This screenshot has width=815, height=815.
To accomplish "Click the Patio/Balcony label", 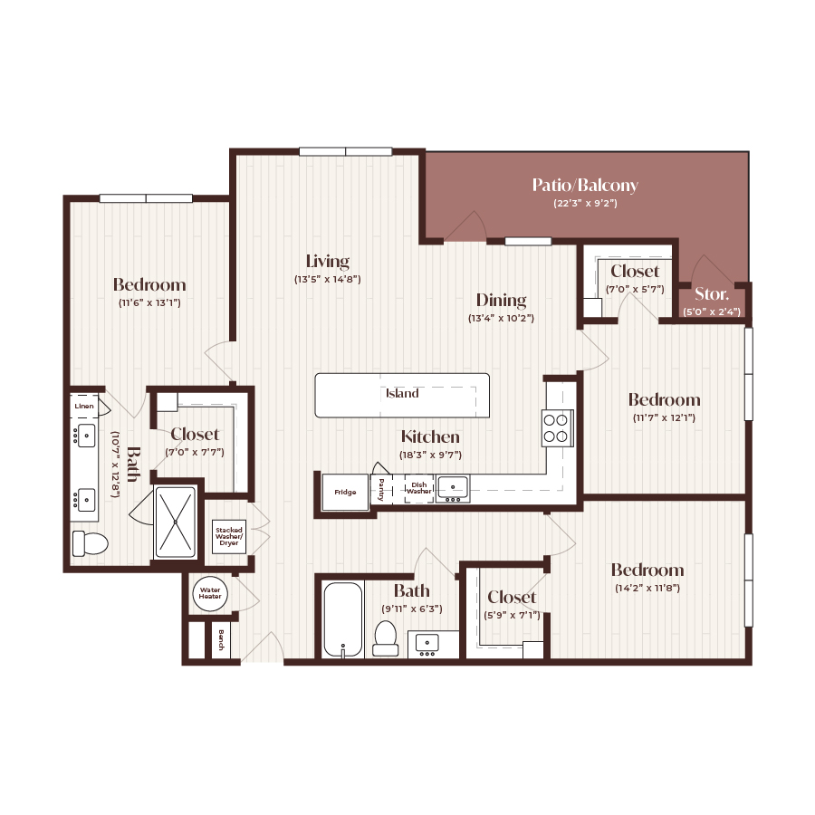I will pyautogui.click(x=585, y=186).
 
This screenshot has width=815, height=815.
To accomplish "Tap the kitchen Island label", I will pyautogui.click(x=402, y=394).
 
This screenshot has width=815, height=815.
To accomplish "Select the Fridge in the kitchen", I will pyautogui.click(x=345, y=493).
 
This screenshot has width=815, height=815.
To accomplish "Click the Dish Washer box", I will pyautogui.click(x=418, y=488).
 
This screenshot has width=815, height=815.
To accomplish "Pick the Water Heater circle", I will pyautogui.click(x=210, y=594).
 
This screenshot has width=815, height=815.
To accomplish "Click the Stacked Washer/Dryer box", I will pyautogui.click(x=228, y=536).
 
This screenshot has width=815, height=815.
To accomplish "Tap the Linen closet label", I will pyautogui.click(x=83, y=407).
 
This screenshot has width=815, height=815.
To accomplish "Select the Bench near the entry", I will pyautogui.click(x=220, y=642).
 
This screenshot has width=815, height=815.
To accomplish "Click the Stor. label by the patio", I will pyautogui.click(x=711, y=294).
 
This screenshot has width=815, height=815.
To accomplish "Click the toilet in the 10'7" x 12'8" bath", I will pyautogui.click(x=90, y=543).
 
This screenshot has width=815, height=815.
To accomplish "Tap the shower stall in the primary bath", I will pyautogui.click(x=175, y=523).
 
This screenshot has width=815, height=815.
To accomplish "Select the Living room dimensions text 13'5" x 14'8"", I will pyautogui.click(x=328, y=280).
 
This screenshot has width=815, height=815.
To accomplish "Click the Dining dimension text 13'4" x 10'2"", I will pyautogui.click(x=502, y=319).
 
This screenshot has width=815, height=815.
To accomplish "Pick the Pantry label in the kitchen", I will pyautogui.click(x=381, y=488).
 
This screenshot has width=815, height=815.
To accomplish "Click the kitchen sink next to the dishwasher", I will pyautogui.click(x=452, y=487).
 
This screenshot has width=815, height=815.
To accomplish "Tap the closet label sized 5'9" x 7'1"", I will pyautogui.click(x=512, y=597).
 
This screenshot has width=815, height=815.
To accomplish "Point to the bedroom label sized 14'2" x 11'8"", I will pyautogui.click(x=647, y=570).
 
